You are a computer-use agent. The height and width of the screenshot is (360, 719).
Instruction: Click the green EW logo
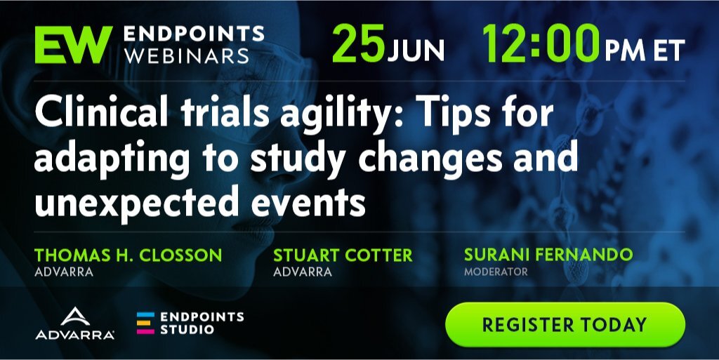pos(73,44)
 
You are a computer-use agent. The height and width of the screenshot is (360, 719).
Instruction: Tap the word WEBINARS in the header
pos(187,56)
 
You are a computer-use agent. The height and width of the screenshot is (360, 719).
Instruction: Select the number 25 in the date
pos(359,43)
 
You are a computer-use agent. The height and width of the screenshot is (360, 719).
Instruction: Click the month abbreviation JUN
pos(416,51)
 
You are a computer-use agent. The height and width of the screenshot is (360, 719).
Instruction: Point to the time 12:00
pos(541,43)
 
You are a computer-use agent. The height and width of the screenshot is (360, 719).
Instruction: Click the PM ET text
pos(645,51)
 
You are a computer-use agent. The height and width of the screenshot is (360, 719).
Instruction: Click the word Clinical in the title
pos(101,112)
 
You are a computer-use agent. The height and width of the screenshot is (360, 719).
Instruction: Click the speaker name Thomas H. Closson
pos(128,255)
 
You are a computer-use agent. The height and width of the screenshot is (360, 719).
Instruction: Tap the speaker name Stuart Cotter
pos(343,255)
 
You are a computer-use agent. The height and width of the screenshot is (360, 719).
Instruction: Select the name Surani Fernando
pos(548,255)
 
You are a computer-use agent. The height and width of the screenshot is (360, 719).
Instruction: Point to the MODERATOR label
pos(496,272)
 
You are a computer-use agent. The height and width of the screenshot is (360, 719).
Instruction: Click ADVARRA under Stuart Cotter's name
pos(303,272)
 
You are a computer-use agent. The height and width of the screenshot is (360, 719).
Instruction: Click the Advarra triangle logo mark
pos(75,317)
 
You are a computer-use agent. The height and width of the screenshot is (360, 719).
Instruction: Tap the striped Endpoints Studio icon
pos(145,323)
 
